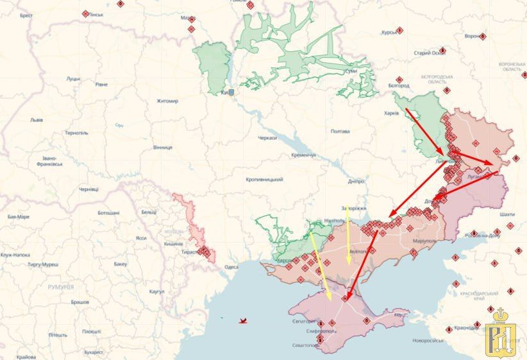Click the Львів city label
point(37,120)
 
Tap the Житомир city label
point(167,101)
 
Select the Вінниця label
point(162,147)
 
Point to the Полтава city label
point(340,132)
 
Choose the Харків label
point(390,114)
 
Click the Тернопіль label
point(76,133)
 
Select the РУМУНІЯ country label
point(61,287)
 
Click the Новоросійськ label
point(428,339)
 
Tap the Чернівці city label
point(88,189)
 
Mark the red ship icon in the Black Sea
point(242,320)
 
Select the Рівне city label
point(101,84)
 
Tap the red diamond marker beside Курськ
point(399,30)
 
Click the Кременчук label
point(303,155)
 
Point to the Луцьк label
point(72,79)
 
